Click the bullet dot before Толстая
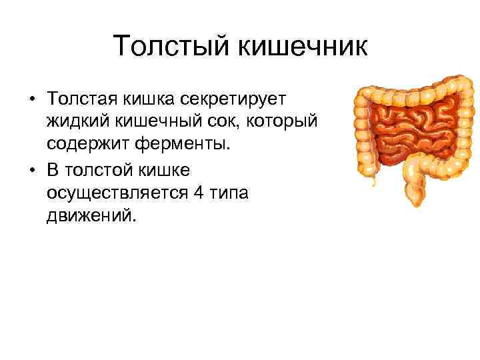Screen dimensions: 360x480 click(x=32, y=99)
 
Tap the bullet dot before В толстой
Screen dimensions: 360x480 click(x=32, y=171)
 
